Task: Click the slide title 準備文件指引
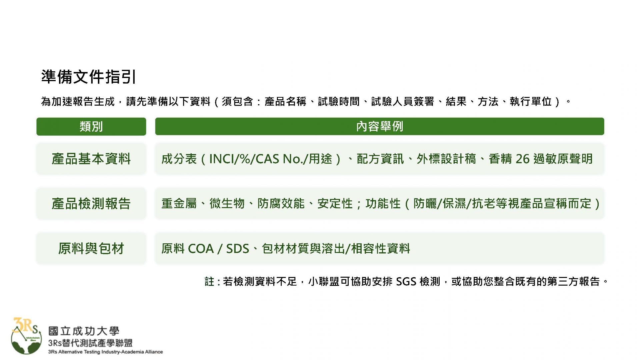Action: coord(88,77)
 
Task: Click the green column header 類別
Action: coord(91,127)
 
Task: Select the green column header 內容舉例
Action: coord(380,126)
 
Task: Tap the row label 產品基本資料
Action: coord(91,159)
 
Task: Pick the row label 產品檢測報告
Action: coord(91,204)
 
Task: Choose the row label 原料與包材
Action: coord(91,248)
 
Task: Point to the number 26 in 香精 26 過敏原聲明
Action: coord(522,159)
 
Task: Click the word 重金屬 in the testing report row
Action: coord(179,204)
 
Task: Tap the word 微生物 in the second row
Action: coord(227,204)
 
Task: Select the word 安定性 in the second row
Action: coord(335,204)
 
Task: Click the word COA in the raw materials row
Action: coord(201,249)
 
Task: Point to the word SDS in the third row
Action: coord(238,249)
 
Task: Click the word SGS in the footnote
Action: coord(406,282)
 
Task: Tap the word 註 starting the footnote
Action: coord(209,282)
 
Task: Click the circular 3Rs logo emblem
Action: coord(26,337)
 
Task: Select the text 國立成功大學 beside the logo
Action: coord(84,331)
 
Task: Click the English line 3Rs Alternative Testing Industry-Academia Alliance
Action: coord(105,352)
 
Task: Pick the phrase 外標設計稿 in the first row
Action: coord(446,159)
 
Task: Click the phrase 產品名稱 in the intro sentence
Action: coord(285,101)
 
